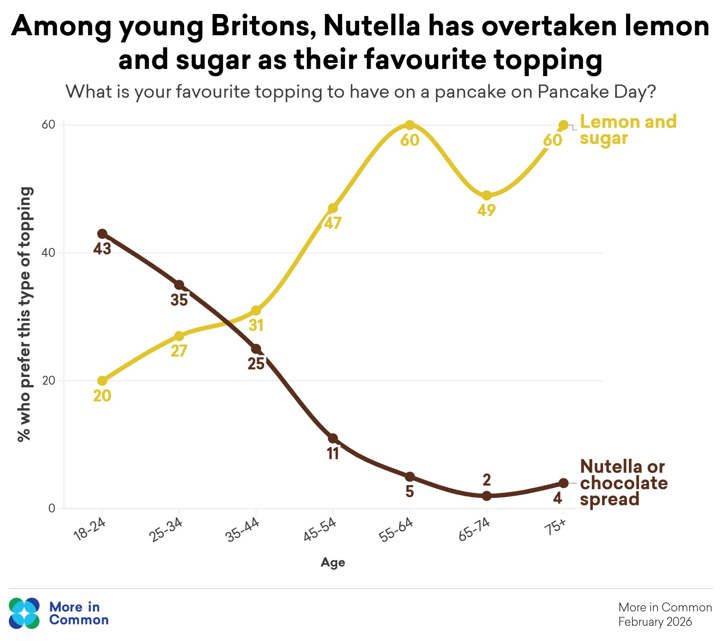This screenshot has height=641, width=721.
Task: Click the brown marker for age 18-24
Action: point(102,234)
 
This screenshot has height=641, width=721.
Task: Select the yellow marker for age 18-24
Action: point(102,381)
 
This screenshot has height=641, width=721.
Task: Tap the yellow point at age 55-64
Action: point(409,125)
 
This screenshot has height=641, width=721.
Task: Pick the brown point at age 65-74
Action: point(486,496)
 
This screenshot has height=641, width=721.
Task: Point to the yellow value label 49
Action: point(486,210)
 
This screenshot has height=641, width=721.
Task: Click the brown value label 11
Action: point(333,454)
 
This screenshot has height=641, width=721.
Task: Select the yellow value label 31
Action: point(256,325)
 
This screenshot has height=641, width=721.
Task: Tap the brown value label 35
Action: point(179,300)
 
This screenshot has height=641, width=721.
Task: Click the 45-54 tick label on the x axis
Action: point(320,530)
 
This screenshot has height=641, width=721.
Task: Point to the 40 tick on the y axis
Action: point(48,253)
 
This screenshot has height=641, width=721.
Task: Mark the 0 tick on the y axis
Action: point(52,508)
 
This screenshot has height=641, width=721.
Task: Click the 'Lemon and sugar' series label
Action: point(628,130)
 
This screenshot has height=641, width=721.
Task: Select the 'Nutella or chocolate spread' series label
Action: point(623,483)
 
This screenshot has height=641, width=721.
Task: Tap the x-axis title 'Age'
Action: point(332,562)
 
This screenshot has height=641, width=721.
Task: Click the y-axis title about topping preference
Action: point(25,314)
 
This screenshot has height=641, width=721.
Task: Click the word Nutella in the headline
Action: point(371,26)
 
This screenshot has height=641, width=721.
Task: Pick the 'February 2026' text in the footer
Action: point(655,622)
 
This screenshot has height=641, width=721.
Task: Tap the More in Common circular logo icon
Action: point(24,613)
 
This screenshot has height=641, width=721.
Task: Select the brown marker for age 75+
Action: point(563,483)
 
